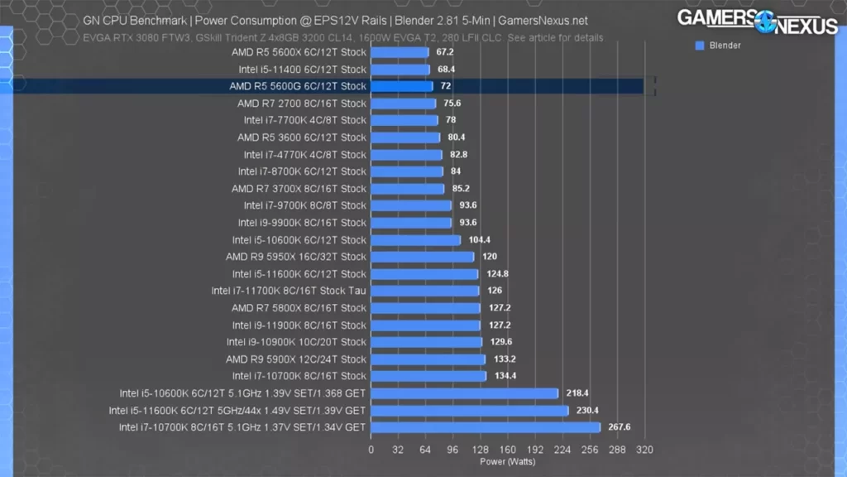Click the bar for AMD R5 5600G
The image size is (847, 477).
point(402,86)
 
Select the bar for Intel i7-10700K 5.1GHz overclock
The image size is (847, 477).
point(486,427)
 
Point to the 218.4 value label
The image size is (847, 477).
point(577,393)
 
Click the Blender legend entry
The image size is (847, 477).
point(725,46)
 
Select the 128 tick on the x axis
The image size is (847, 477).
point(480,450)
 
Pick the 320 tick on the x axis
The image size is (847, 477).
point(644,450)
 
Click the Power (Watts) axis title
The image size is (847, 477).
point(507,461)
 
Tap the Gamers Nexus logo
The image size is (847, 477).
point(757,22)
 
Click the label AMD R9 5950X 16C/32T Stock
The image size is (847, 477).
point(295,257)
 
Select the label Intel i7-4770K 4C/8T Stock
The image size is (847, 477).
point(304,155)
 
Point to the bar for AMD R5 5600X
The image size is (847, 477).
point(400,52)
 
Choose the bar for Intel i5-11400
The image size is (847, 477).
point(400,70)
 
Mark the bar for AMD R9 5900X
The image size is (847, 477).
point(428,359)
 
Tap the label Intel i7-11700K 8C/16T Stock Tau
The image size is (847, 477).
point(289,291)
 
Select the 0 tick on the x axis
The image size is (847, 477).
point(371,450)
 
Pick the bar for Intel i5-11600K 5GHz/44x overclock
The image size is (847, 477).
point(470,410)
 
